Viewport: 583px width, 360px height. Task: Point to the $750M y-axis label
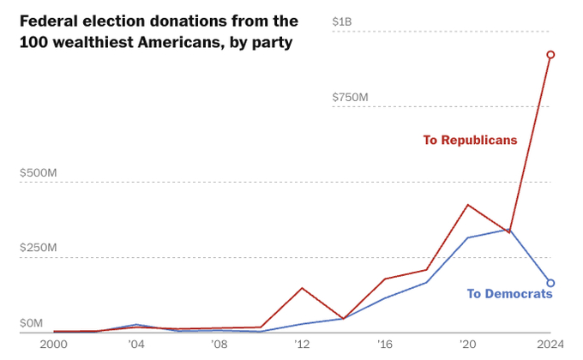click(350, 97)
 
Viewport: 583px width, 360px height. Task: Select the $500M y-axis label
click(39, 172)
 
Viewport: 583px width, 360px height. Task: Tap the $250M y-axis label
click(39, 248)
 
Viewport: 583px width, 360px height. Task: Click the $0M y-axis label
click(32, 323)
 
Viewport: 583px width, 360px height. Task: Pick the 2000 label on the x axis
click(53, 345)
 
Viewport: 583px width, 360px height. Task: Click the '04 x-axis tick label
click(136, 345)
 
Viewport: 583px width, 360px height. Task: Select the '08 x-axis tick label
click(219, 345)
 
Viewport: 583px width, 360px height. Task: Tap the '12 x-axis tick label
click(302, 345)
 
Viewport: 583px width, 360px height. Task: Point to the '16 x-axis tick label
click(385, 345)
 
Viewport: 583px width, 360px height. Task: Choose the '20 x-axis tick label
click(467, 345)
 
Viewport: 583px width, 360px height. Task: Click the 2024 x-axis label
click(549, 345)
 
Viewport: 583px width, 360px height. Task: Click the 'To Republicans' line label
click(470, 140)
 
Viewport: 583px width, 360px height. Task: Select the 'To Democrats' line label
click(509, 294)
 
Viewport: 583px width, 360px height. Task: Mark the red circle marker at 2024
click(550, 55)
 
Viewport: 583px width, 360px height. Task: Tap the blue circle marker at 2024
click(550, 283)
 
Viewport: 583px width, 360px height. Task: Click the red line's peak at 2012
click(302, 288)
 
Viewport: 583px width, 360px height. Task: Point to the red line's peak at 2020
click(467, 205)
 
